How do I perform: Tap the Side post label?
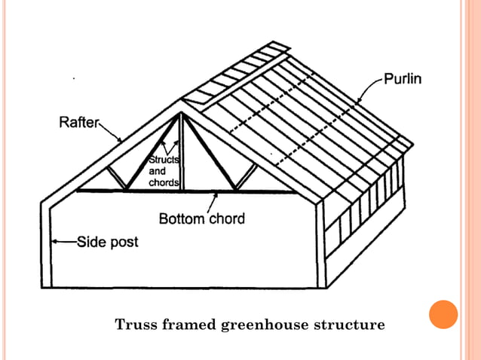click(x=107, y=243)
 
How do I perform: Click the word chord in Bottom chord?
click(x=228, y=219)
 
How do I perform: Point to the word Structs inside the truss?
click(x=162, y=160)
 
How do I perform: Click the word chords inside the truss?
click(x=163, y=183)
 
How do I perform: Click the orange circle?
click(x=443, y=314)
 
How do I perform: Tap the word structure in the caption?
click(x=354, y=325)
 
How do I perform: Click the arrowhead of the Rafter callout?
click(x=121, y=141)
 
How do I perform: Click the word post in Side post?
click(x=124, y=243)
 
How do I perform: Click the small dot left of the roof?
click(x=73, y=78)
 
